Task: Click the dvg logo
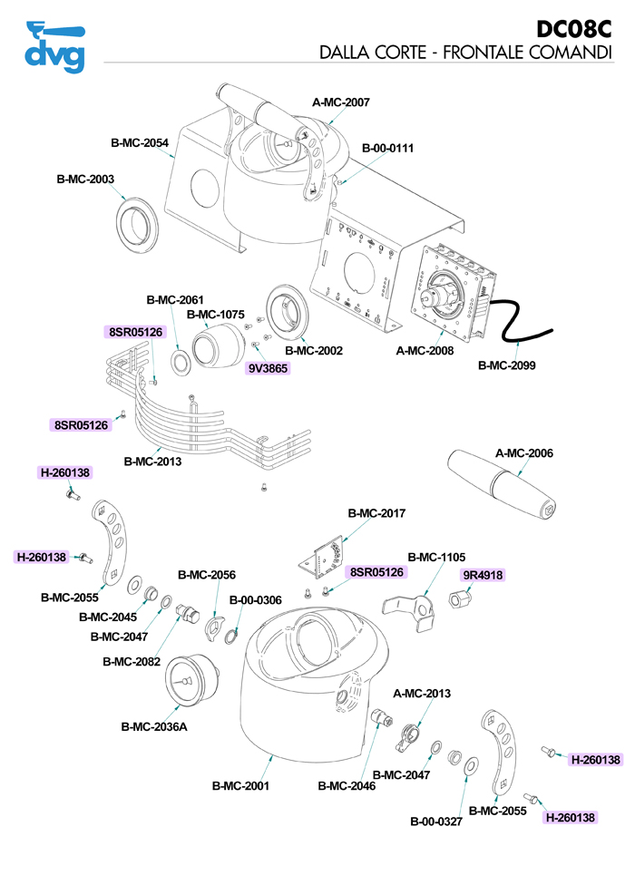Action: [x=54, y=45]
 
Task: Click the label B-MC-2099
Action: [x=507, y=366]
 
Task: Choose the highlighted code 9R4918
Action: [x=484, y=575]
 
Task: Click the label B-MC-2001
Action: [x=240, y=786]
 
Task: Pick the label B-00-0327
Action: [x=436, y=822]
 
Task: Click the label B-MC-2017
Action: [x=376, y=513]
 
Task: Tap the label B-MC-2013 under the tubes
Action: [x=152, y=462]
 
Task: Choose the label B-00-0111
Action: [x=387, y=148]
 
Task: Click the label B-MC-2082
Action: [x=132, y=662]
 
